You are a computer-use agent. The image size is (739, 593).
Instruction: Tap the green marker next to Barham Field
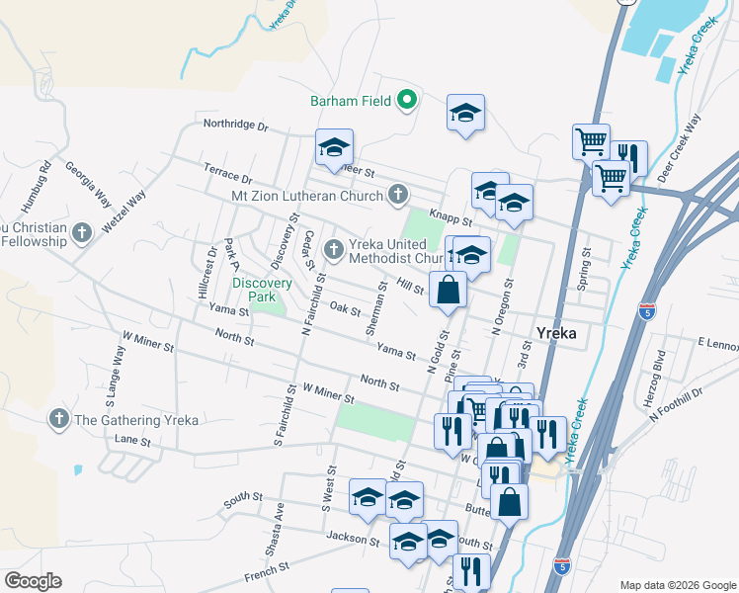(406, 100)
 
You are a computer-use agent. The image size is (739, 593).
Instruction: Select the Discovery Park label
(262, 290)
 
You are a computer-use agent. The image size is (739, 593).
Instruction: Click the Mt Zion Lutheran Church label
(306, 196)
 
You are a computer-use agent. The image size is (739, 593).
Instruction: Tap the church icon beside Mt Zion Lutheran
(397, 195)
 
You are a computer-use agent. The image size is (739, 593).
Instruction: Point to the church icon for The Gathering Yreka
(59, 419)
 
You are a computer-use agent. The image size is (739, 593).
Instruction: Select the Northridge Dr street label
(235, 126)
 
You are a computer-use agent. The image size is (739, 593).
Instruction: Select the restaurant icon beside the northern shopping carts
(628, 158)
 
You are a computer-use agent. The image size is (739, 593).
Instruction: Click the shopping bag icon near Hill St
(448, 291)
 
